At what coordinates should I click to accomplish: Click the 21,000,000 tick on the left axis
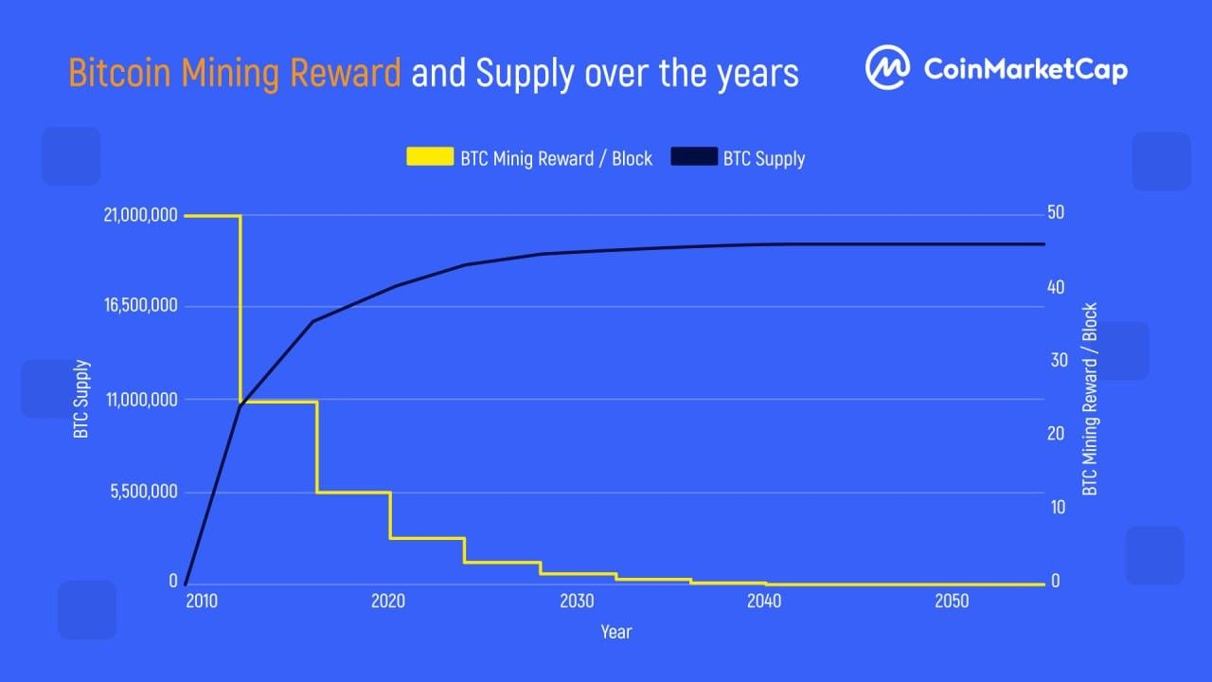coord(140,215)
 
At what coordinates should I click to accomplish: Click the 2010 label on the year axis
coord(201,601)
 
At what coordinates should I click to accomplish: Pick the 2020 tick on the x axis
coord(388,601)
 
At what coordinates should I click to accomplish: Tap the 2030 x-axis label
coord(577,601)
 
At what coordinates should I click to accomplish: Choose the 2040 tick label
coord(764,601)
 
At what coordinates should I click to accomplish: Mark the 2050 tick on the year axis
coord(952,601)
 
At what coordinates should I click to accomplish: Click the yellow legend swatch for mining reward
coord(430,157)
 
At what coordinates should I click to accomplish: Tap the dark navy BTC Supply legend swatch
coord(694,157)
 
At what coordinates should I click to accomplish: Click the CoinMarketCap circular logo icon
coord(888,69)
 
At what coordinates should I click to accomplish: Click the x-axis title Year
coord(615,632)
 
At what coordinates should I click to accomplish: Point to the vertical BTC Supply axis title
coord(81,399)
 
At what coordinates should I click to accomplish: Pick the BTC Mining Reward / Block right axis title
coord(1090,399)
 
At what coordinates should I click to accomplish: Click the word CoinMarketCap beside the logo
coord(1025,69)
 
